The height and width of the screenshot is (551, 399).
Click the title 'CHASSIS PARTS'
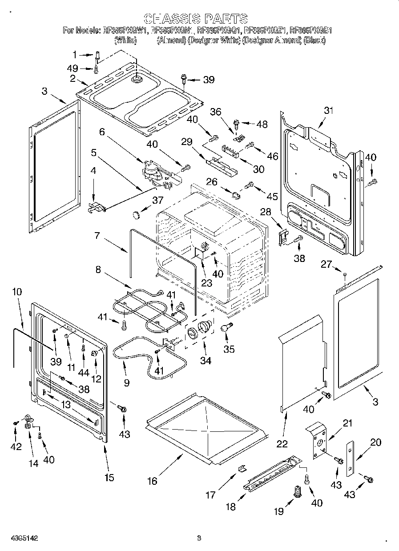(196, 18)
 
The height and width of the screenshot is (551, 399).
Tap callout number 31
(328, 111)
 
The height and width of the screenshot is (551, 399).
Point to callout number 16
(152, 480)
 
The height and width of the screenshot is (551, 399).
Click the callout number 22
(282, 443)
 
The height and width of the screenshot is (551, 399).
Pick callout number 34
(205, 361)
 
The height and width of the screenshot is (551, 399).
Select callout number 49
(73, 68)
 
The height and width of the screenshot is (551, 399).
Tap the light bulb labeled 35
(226, 328)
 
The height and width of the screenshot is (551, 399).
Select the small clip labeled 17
(242, 467)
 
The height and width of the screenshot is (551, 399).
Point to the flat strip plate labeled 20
(350, 458)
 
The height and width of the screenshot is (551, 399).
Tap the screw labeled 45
(250, 184)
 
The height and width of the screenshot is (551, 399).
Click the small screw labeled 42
(16, 422)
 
